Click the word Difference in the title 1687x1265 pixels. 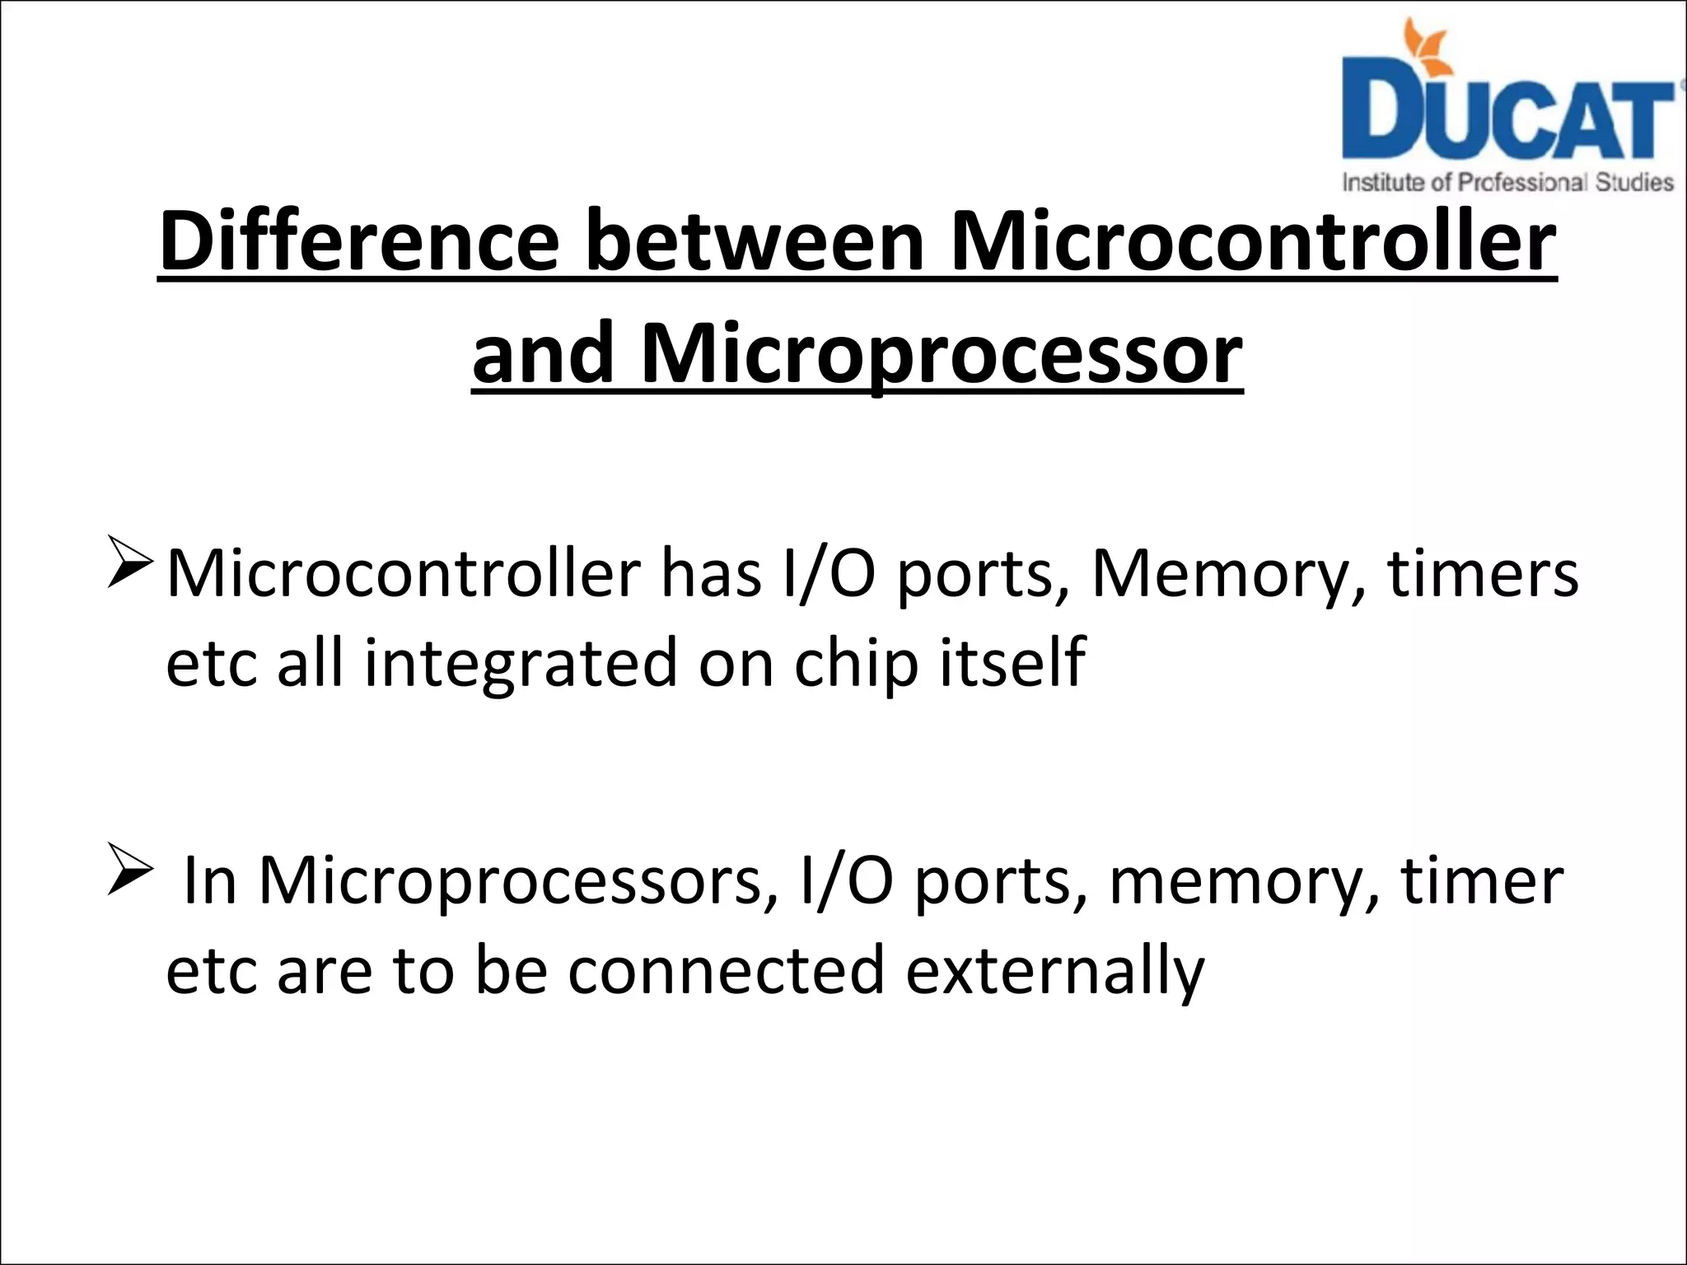359,242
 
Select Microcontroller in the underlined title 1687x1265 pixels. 1252,242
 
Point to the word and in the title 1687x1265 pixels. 543,354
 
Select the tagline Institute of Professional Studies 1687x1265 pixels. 1507,182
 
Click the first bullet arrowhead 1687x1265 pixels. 128,562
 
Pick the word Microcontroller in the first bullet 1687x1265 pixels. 403,573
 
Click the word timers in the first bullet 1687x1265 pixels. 1483,573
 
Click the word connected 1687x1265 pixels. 726,970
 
